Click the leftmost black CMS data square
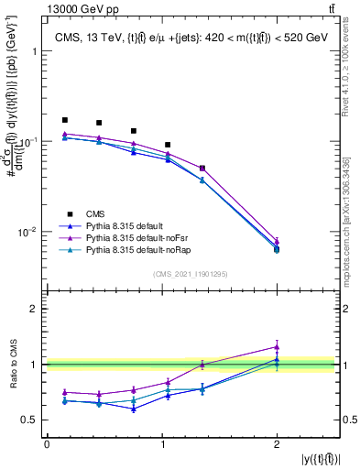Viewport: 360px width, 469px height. click(64, 120)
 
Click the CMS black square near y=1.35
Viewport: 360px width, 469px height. click(202, 169)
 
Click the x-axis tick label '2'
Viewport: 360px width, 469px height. click(277, 445)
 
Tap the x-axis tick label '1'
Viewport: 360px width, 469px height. click(161, 445)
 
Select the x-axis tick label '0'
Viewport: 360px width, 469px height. click(47, 445)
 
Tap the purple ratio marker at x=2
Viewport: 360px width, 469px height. click(277, 347)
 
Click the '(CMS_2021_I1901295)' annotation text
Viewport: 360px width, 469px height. click(191, 274)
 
